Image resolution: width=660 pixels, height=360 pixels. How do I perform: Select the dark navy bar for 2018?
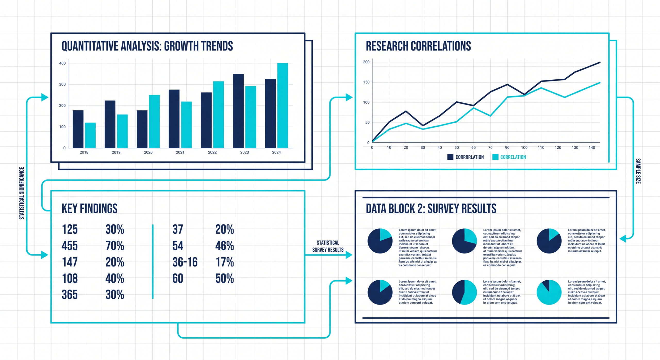(x=78, y=129)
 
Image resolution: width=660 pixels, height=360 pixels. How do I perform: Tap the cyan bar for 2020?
(x=154, y=121)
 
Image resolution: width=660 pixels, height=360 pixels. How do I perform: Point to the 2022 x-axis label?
(x=212, y=152)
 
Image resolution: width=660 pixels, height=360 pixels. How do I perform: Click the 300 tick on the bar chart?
(x=62, y=84)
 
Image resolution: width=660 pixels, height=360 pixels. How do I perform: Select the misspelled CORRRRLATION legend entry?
(x=469, y=157)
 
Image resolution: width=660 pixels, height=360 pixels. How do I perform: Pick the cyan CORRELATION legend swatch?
(x=495, y=157)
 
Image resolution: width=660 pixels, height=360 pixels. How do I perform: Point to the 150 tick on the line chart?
(x=366, y=82)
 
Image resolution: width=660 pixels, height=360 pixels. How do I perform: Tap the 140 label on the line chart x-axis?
(x=592, y=148)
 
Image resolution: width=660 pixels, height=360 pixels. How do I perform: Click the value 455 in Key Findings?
(x=70, y=246)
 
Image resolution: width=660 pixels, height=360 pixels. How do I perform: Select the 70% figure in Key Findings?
(x=115, y=246)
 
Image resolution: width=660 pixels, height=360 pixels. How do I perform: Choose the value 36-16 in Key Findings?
(x=185, y=262)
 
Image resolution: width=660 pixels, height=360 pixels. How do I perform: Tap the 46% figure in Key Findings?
(x=225, y=246)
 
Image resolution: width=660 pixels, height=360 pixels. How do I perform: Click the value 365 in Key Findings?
(x=70, y=295)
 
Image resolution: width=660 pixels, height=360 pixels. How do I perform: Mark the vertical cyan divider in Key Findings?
(x=153, y=261)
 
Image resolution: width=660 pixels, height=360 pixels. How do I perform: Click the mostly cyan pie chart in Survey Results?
(x=549, y=292)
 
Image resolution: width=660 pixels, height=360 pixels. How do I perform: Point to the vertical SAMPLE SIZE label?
(x=638, y=171)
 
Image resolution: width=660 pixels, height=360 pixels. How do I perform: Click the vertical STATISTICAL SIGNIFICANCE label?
(x=22, y=193)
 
